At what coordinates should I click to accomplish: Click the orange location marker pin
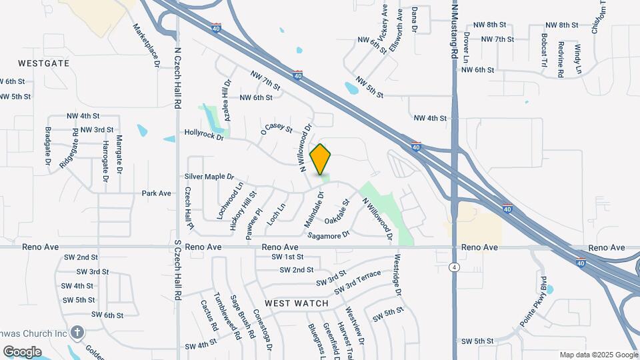[x=321, y=159]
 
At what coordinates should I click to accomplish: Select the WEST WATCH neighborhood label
[x=297, y=303]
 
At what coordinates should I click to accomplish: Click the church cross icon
[x=77, y=332]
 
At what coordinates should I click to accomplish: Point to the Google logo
[x=22, y=352]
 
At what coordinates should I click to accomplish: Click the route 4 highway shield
[x=454, y=267]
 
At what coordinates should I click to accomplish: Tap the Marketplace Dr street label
[x=147, y=45]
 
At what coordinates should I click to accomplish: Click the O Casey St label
[x=277, y=127]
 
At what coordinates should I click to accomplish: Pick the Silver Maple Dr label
[x=209, y=177]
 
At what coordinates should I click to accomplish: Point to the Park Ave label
[x=157, y=193]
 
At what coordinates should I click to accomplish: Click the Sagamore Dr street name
[x=328, y=235]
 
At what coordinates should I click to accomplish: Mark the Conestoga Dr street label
[x=266, y=331]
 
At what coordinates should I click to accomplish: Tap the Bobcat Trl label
[x=545, y=51]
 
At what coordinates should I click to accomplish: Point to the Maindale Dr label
[x=314, y=207]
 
